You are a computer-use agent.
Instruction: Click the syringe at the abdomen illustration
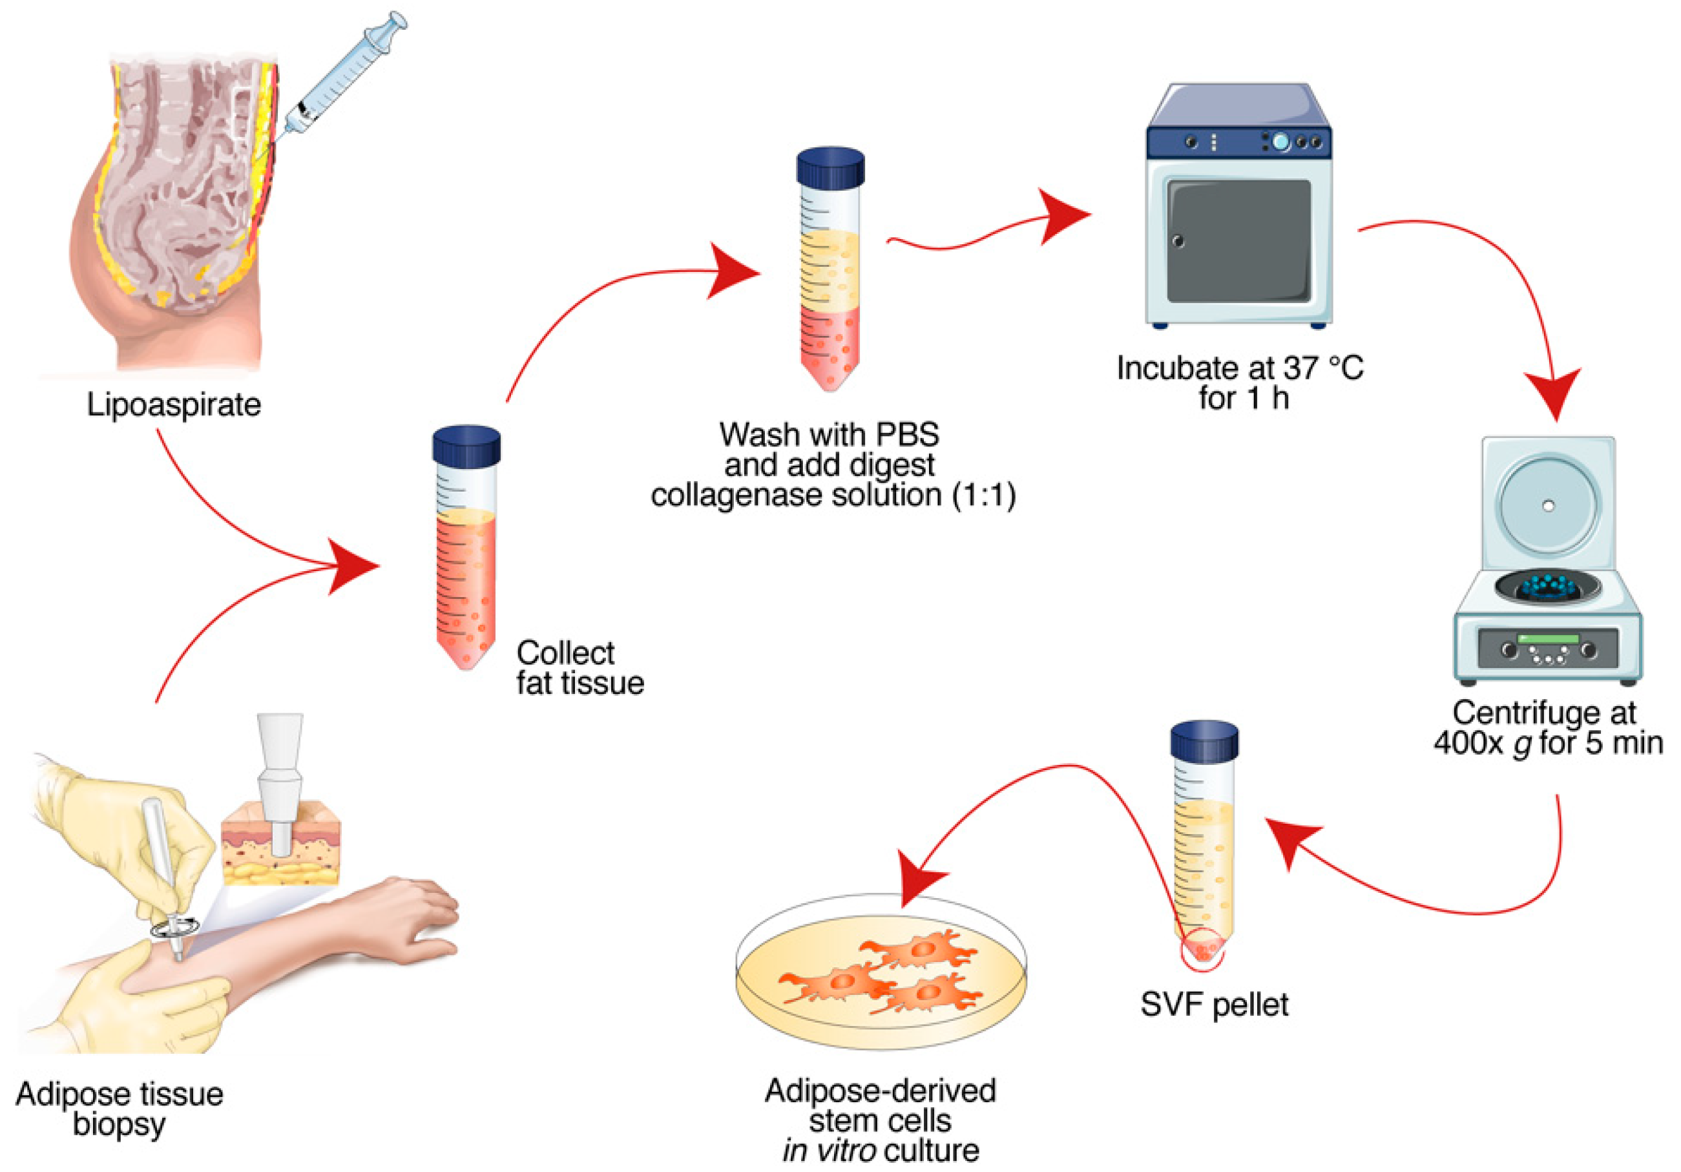click(x=344, y=81)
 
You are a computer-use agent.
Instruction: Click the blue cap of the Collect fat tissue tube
click(x=466, y=445)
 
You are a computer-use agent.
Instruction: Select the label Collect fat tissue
click(x=579, y=667)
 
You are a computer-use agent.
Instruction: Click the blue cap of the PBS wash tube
click(x=830, y=166)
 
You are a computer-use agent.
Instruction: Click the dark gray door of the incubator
click(x=1238, y=242)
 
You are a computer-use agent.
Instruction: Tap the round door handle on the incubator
click(x=1178, y=241)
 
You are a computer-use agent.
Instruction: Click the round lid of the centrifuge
click(x=1548, y=505)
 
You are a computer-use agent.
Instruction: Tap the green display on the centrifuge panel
click(x=1549, y=639)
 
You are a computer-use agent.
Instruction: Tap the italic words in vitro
click(x=828, y=1151)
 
